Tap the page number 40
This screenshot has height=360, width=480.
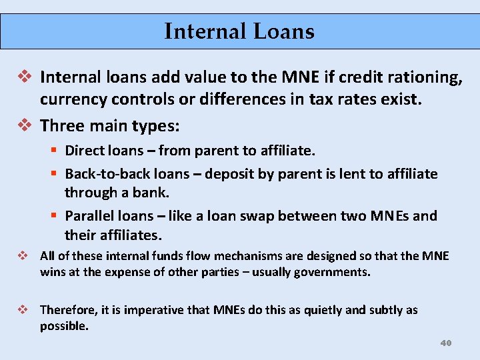pyautogui.click(x=446, y=343)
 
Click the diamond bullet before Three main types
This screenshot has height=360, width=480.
pyautogui.click(x=27, y=124)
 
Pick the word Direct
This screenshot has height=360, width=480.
pyautogui.click(x=84, y=151)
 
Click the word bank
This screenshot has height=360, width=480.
pyautogui.click(x=153, y=193)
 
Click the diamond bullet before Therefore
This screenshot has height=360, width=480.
pyautogui.click(x=23, y=309)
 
